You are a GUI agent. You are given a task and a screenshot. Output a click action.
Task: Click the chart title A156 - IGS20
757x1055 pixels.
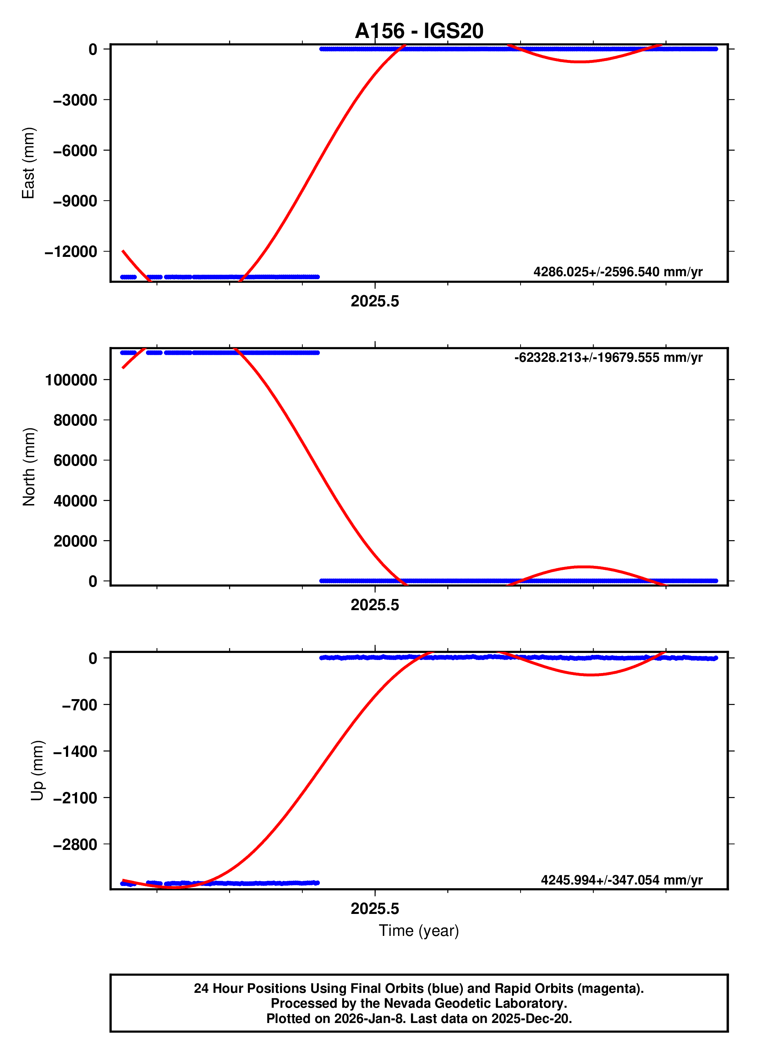click(x=419, y=31)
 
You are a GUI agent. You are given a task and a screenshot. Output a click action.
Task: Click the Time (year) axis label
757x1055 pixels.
click(x=419, y=930)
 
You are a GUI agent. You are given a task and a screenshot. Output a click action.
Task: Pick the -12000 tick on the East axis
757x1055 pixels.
click(x=71, y=252)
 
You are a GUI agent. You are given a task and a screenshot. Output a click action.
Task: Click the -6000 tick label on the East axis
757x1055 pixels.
click(x=75, y=151)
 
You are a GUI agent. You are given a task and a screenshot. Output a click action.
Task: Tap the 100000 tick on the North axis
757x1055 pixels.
click(x=71, y=380)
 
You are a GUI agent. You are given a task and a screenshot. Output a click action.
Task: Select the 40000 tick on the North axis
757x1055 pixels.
click(x=75, y=501)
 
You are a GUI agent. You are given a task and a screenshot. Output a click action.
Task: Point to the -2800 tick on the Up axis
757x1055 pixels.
click(x=75, y=844)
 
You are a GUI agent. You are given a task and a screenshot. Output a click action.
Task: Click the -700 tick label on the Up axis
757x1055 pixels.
click(x=80, y=705)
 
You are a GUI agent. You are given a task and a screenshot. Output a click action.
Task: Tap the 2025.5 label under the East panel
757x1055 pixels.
click(x=375, y=302)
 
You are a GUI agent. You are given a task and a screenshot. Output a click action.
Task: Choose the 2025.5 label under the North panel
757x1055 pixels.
click(x=375, y=605)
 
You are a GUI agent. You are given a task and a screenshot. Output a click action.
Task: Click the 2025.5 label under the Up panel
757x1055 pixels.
click(x=375, y=908)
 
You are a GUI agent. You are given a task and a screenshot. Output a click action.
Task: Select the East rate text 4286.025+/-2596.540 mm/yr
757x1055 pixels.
click(x=617, y=272)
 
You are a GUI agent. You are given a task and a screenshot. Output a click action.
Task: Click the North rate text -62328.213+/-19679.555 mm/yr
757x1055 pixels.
click(x=608, y=357)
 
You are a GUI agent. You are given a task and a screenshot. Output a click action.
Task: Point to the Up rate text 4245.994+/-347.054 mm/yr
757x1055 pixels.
click(x=621, y=880)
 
